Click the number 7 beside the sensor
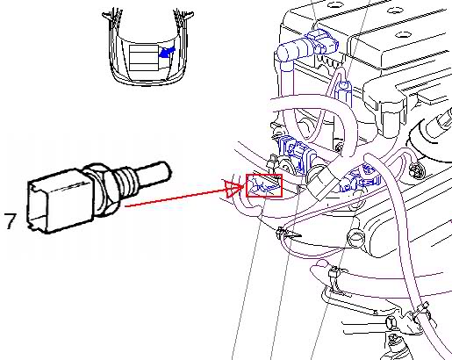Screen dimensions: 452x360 pos(10,221)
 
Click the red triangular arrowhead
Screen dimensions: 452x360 pos(233,189)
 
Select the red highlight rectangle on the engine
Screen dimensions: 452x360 pos(264,185)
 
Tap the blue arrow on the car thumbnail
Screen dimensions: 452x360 pos(167,52)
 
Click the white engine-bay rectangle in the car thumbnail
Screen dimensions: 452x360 pos(143,58)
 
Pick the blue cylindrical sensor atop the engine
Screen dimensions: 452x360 pos(307,47)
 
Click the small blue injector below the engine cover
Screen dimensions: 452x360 pos(343,90)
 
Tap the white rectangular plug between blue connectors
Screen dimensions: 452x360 pos(322,184)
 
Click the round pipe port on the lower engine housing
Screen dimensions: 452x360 pos(355,239)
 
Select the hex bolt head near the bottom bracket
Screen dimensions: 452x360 pos(391,322)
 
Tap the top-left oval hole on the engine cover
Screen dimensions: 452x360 pos(333,5)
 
